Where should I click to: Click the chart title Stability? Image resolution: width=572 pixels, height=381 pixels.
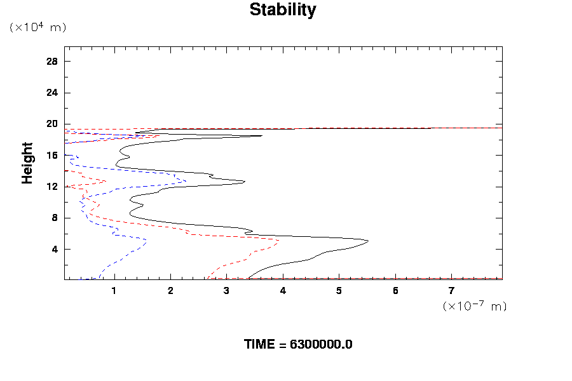click(x=282, y=10)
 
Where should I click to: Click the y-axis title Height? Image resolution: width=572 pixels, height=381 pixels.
click(x=27, y=163)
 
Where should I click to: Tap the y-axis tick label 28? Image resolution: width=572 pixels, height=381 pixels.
click(x=52, y=62)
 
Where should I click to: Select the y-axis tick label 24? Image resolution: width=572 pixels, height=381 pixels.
click(x=52, y=93)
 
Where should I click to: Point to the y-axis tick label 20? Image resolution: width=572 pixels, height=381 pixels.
click(x=52, y=124)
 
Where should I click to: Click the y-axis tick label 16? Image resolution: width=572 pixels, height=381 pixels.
click(x=52, y=156)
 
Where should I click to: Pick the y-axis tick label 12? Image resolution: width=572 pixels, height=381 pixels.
click(x=52, y=187)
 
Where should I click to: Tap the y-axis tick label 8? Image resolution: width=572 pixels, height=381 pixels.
click(x=55, y=218)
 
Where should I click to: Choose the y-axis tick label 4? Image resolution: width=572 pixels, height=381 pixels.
click(x=55, y=249)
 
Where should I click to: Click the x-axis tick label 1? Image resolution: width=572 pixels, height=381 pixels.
click(x=114, y=291)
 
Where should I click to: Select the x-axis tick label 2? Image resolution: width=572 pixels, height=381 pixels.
click(x=170, y=291)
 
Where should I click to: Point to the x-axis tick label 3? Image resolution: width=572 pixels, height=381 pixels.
click(x=227, y=291)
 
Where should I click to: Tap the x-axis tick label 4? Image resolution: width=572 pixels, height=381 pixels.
click(x=283, y=291)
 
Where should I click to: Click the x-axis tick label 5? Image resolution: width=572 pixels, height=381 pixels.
click(x=339, y=291)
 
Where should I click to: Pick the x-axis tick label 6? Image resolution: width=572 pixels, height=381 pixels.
click(x=395, y=291)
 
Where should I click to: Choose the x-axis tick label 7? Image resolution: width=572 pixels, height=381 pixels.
click(x=452, y=291)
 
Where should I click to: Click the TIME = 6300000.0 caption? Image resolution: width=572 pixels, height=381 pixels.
click(x=298, y=345)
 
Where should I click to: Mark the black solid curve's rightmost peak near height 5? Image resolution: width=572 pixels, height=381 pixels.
click(x=368, y=241)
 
